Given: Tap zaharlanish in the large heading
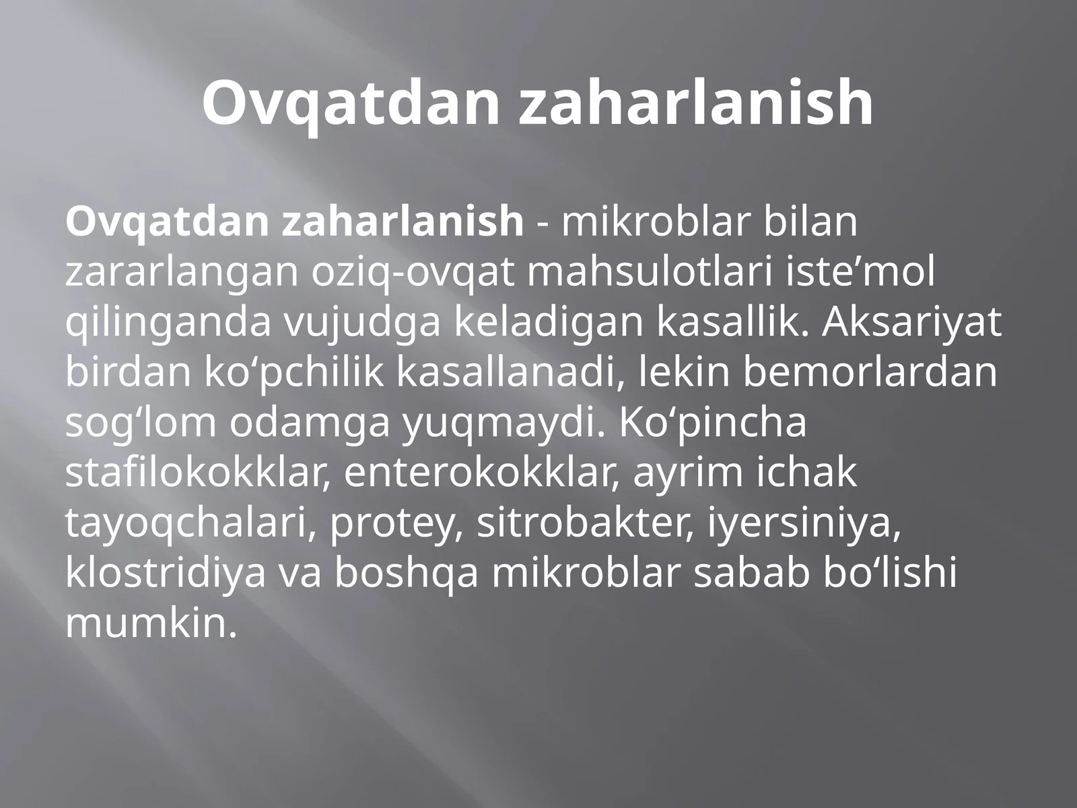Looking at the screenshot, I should pyautogui.click(x=696, y=103).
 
